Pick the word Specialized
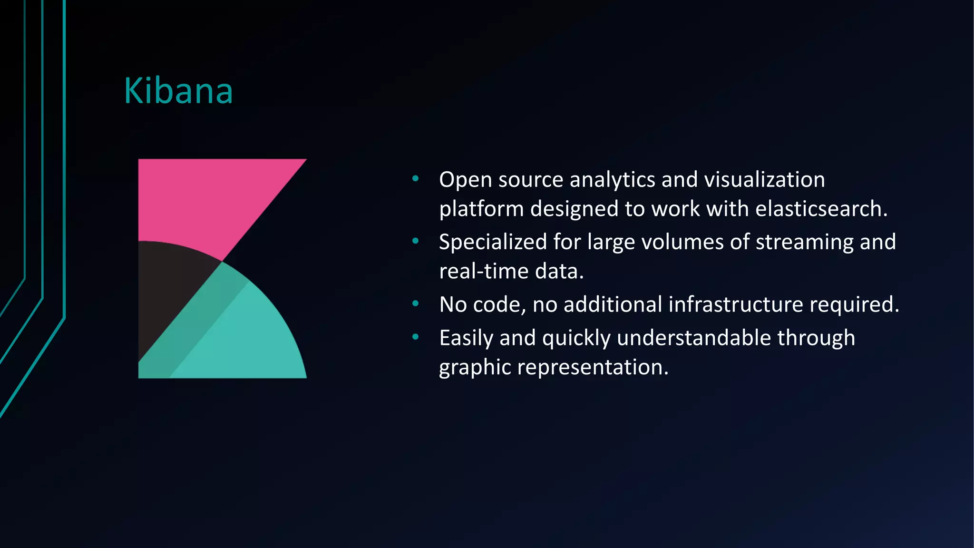(493, 242)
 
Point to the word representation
(592, 367)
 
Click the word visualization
(764, 180)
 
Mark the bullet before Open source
(416, 179)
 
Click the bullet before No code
(416, 303)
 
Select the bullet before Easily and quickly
(416, 337)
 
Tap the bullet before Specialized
(416, 241)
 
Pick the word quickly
(576, 338)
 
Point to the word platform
(481, 209)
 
